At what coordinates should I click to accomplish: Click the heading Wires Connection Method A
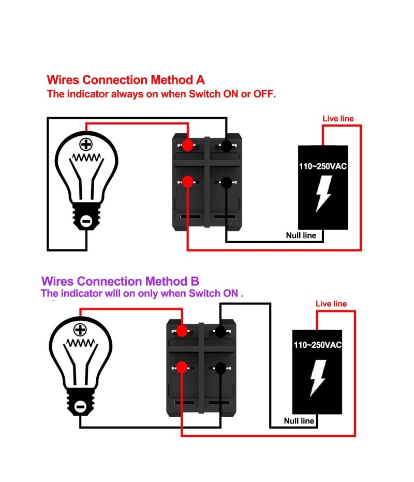point(126,80)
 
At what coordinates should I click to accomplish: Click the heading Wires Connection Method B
point(120,281)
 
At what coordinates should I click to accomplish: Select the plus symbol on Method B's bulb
point(80,330)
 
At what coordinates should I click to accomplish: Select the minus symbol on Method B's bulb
point(80,407)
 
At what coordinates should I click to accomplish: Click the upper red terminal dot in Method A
point(188,145)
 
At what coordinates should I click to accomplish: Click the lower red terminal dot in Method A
point(188,181)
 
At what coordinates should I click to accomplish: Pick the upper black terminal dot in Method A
point(226,146)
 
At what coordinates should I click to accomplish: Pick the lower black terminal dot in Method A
point(226,182)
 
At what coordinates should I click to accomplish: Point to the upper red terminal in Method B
point(182,330)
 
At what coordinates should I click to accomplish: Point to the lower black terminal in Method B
point(220,367)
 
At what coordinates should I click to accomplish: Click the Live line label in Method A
point(338,119)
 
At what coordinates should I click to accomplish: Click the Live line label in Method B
point(331,304)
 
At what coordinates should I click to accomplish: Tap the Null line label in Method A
point(301,235)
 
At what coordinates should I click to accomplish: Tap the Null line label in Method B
point(299,421)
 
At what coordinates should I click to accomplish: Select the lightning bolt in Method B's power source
point(317,378)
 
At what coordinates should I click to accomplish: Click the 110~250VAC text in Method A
point(323,167)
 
